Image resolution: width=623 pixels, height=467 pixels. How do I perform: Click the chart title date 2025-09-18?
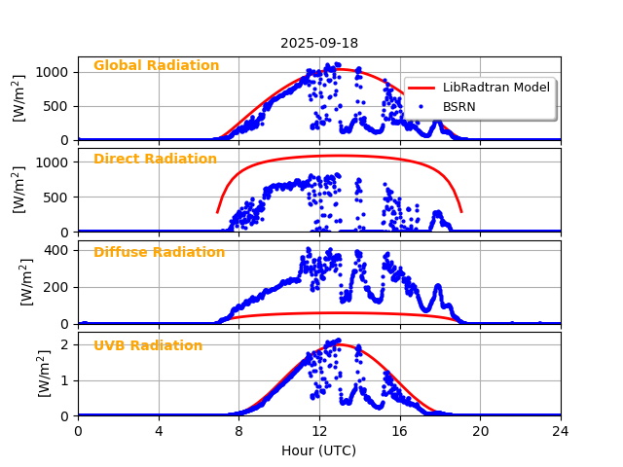click(x=319, y=43)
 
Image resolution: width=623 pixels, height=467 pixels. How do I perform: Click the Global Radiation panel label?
click(x=156, y=66)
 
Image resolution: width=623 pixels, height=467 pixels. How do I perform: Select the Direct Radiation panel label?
click(x=155, y=160)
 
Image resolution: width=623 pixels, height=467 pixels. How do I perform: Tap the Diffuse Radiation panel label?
click(x=159, y=253)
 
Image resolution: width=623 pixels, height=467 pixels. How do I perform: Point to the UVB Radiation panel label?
click(x=148, y=346)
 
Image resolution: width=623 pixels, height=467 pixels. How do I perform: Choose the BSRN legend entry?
click(x=459, y=107)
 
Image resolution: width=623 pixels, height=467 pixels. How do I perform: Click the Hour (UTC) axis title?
click(x=319, y=450)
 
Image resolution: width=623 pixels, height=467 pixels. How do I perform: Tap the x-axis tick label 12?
click(x=319, y=431)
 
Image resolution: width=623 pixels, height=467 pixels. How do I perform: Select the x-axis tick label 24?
click(x=561, y=431)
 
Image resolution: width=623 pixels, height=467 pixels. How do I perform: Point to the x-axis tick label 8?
click(x=238, y=431)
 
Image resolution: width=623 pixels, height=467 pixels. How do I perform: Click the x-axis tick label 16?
click(x=400, y=431)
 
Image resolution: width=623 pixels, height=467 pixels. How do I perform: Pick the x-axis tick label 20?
click(x=480, y=431)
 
